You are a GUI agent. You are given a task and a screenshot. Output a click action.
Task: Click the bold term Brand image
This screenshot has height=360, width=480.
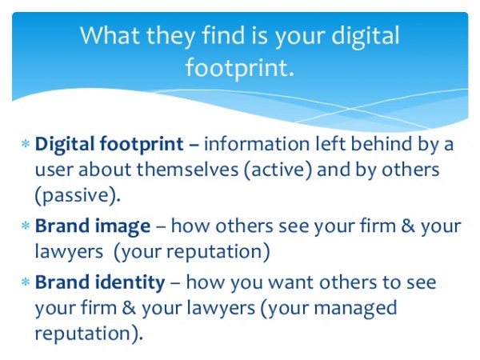[x=93, y=226]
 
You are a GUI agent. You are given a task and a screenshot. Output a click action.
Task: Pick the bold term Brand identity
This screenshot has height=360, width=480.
[x=100, y=282]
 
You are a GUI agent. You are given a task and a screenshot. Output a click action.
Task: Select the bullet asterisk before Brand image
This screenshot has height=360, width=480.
[x=26, y=227]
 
